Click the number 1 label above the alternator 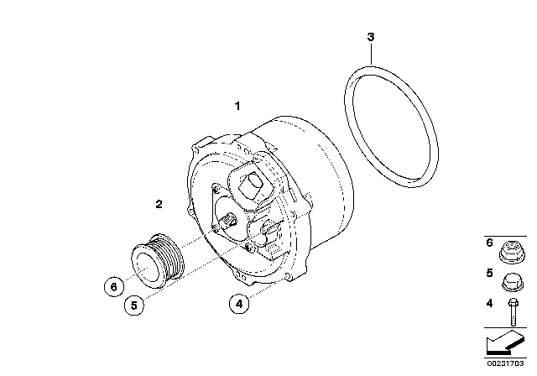(x=237, y=107)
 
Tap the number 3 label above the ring (x=370, y=37)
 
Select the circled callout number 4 (x=240, y=305)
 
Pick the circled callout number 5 (x=133, y=305)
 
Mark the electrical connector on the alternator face (x=273, y=234)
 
